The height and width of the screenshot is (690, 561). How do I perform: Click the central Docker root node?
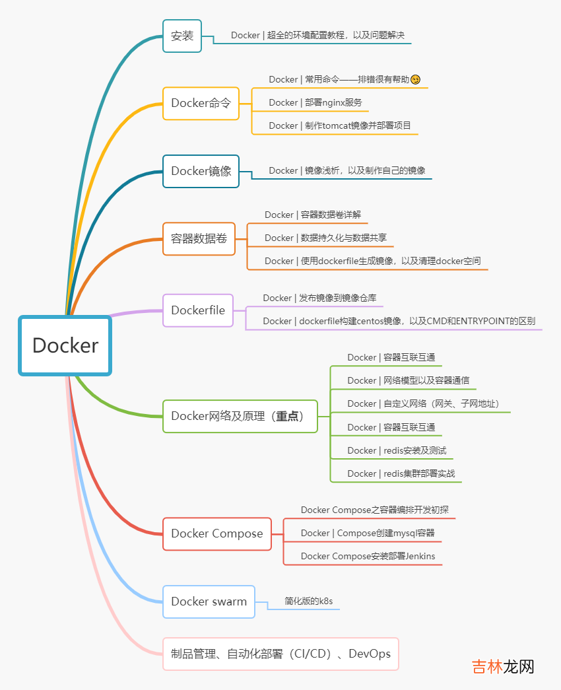(65, 345)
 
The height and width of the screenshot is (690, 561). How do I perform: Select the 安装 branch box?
(182, 36)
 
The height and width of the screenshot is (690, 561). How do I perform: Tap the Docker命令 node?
(201, 103)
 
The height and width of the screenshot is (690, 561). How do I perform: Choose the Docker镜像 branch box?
(201, 171)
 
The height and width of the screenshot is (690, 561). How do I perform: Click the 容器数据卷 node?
(199, 238)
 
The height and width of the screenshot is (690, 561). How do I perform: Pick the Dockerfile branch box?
(198, 310)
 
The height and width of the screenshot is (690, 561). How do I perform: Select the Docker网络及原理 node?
(240, 416)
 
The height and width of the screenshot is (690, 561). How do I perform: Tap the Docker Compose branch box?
(216, 534)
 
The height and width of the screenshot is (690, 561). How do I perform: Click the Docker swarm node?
(209, 602)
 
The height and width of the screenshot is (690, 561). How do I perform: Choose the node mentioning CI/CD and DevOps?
(280, 654)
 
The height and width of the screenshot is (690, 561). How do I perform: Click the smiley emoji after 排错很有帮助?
(415, 80)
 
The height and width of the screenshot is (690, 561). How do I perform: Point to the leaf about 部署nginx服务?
(315, 102)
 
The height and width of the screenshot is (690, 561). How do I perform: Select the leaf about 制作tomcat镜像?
(340, 125)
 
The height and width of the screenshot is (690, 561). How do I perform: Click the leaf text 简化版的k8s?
(308, 602)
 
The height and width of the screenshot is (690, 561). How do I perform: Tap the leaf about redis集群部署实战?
(401, 473)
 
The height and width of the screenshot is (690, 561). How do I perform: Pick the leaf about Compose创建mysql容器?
(368, 533)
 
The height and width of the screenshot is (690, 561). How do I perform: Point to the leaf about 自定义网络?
(419, 403)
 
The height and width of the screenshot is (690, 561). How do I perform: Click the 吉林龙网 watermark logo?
(502, 667)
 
